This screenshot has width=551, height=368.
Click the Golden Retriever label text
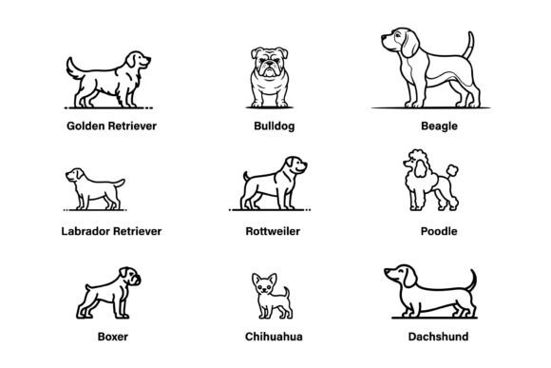point(111,126)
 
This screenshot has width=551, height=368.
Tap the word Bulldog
point(275,126)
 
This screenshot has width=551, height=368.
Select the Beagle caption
point(439,126)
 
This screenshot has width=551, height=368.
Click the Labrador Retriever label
point(111,231)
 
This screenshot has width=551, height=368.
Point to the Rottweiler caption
point(273,231)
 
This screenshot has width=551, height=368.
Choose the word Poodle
point(439,231)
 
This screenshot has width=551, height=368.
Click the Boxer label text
point(113,337)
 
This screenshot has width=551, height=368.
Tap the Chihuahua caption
point(274,337)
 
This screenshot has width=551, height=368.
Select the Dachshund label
point(438,337)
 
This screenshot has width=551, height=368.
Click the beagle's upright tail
point(469,45)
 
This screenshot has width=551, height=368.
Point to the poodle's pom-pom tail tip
point(452,170)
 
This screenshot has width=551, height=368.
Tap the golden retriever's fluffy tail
point(73,68)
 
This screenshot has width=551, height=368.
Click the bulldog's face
point(269,62)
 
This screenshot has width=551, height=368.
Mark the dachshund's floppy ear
point(409,277)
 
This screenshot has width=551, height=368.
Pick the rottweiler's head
point(295,165)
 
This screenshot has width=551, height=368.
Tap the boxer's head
point(130,277)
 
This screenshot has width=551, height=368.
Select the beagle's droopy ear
point(410,45)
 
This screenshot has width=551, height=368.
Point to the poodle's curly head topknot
point(416,155)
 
